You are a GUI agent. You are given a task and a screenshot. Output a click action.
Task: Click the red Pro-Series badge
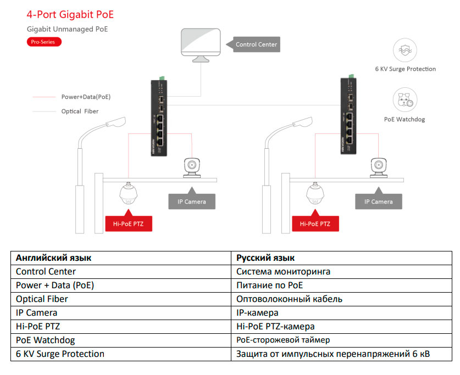tap(45, 42)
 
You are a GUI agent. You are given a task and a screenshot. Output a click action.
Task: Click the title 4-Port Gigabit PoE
tap(70, 15)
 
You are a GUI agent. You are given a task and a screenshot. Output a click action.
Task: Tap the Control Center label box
tap(256, 44)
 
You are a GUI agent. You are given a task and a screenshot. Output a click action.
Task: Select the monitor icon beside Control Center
tap(201, 43)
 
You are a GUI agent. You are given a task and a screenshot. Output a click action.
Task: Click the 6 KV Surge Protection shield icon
tap(405, 50)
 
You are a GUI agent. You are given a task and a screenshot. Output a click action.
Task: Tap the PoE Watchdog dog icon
tap(405, 100)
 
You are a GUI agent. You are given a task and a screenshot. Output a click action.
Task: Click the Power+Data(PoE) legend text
tap(86, 97)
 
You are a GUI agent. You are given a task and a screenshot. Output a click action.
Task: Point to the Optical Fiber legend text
tap(80, 111)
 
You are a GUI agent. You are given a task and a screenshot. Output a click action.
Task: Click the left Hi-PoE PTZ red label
tap(128, 223)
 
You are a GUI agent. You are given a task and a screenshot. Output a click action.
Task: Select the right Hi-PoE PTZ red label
tap(315, 223)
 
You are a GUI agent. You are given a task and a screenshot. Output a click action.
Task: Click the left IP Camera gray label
tap(191, 202)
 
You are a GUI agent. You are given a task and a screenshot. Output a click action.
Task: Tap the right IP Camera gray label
tap(378, 202)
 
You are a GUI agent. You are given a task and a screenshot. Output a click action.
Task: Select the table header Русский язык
tap(265, 258)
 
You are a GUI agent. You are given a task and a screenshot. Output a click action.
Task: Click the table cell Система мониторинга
tap(283, 271)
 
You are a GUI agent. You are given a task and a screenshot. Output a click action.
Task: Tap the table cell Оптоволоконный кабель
tap(289, 299)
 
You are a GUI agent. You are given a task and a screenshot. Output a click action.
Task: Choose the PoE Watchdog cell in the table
tap(46, 340)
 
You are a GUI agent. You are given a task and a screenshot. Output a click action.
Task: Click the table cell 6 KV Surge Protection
tap(60, 354)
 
